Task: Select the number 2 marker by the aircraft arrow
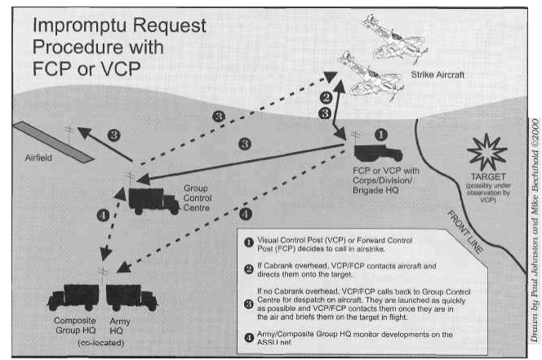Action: pyautogui.click(x=324, y=97)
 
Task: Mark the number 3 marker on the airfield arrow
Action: pyautogui.click(x=114, y=135)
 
